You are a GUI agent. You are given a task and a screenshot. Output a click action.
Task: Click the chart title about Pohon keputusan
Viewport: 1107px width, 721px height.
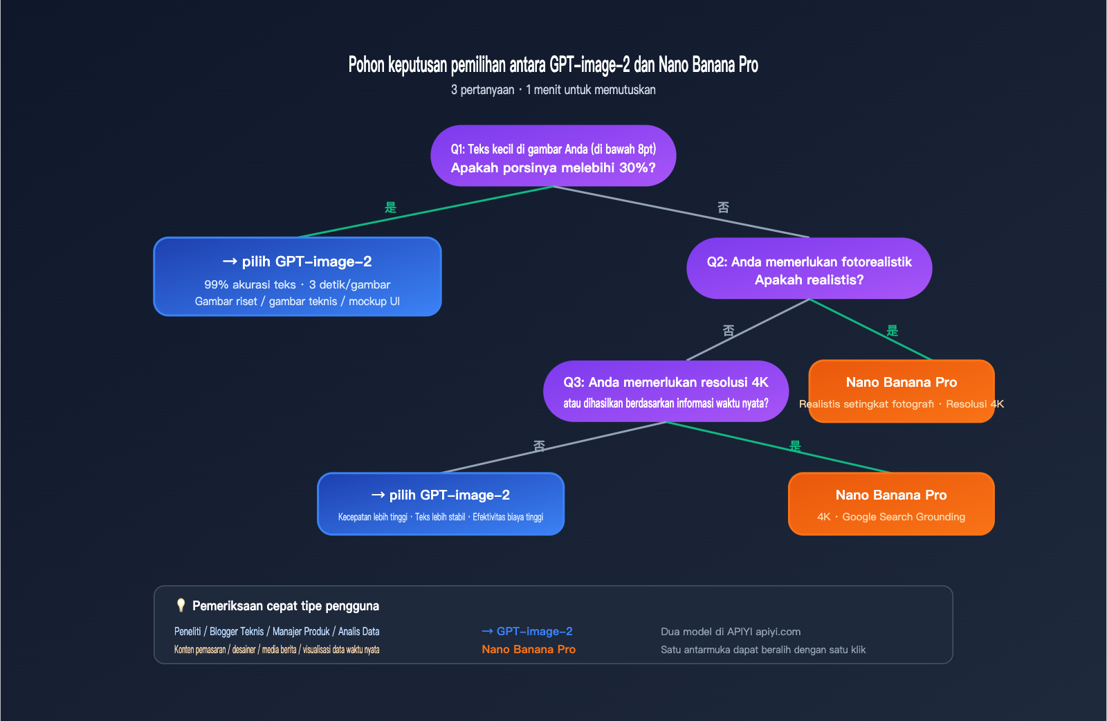click(553, 65)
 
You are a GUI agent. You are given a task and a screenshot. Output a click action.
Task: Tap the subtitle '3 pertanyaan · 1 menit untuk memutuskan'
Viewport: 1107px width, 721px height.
click(553, 90)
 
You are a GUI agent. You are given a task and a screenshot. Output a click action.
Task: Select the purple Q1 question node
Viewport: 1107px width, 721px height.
click(553, 156)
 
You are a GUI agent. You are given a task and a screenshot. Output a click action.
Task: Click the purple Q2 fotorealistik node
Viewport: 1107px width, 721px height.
click(809, 268)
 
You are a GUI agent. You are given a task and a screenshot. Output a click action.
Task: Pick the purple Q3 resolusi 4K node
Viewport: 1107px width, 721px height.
click(666, 391)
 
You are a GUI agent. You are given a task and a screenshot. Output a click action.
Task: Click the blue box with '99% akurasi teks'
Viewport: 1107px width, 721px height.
click(298, 277)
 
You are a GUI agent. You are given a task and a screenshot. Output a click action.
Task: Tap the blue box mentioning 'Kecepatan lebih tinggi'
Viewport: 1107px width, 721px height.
click(441, 504)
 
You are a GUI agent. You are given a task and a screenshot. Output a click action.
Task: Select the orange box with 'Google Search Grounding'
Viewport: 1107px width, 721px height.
click(891, 504)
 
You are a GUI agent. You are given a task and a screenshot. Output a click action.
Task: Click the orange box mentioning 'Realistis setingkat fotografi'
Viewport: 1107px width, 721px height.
click(901, 391)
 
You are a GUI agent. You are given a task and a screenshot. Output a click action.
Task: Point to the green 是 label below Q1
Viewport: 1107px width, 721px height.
click(390, 208)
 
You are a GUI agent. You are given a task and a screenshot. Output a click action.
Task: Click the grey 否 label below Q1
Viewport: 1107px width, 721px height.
click(723, 208)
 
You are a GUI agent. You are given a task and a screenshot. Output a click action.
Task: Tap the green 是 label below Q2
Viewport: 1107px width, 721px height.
click(893, 331)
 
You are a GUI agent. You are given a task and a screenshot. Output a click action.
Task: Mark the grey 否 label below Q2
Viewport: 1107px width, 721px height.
click(729, 331)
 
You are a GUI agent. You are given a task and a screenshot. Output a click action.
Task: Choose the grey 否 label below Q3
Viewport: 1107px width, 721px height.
click(539, 446)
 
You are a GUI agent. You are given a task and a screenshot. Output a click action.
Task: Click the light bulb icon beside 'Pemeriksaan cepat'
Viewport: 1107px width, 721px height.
click(181, 605)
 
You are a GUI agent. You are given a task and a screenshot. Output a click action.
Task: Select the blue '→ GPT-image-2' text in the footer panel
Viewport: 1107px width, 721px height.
click(527, 631)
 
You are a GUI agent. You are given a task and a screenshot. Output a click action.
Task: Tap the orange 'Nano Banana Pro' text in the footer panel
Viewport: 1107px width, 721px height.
click(529, 649)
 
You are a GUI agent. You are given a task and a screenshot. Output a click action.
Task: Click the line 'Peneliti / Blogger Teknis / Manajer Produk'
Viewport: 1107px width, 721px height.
click(277, 631)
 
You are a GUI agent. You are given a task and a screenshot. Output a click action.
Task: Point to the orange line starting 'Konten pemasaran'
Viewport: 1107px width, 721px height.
click(277, 650)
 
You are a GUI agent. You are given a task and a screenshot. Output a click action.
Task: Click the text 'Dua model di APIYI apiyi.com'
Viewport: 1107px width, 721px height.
click(731, 632)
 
